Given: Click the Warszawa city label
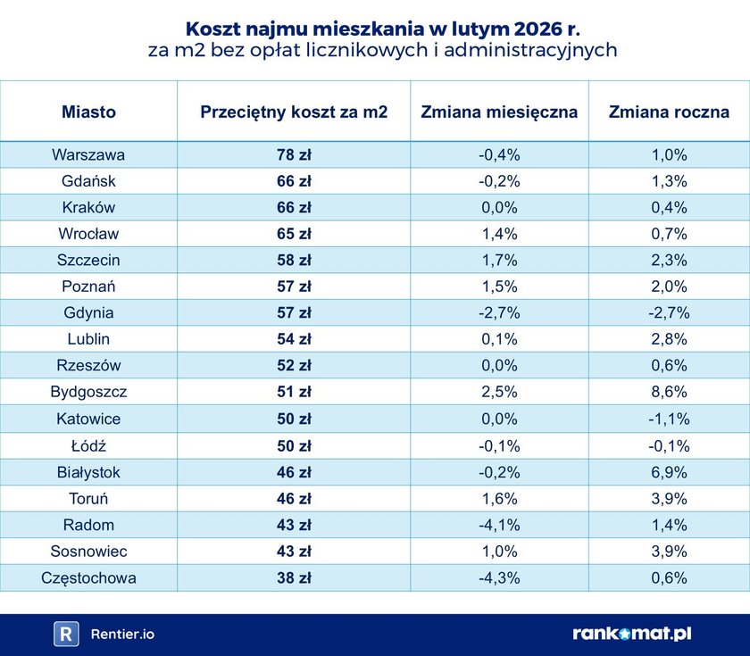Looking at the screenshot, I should [88, 154].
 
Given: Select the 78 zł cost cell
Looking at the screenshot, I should [294, 154].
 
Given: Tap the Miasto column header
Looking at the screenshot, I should [88, 112].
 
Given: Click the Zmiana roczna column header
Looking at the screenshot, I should [669, 112].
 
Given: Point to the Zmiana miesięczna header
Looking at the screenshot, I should [499, 112].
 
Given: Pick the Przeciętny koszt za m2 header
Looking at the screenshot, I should [294, 112].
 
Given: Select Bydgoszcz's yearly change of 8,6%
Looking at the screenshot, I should [669, 392].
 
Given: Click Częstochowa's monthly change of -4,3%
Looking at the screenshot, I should [499, 577].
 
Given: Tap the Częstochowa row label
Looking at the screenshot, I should [88, 577].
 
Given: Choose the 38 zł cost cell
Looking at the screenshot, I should [294, 577].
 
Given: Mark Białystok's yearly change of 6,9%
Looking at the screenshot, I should [669, 472].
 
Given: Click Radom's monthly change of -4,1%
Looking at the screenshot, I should [499, 525].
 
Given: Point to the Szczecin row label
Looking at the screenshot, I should [88, 261].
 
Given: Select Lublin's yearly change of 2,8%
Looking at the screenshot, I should [669, 339].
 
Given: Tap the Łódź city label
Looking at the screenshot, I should [88, 445].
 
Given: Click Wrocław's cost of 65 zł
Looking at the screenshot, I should [294, 234].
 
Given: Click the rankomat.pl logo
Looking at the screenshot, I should [632, 634].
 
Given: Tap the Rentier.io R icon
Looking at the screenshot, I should [66, 634].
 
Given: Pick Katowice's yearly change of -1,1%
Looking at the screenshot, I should [669, 419].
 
